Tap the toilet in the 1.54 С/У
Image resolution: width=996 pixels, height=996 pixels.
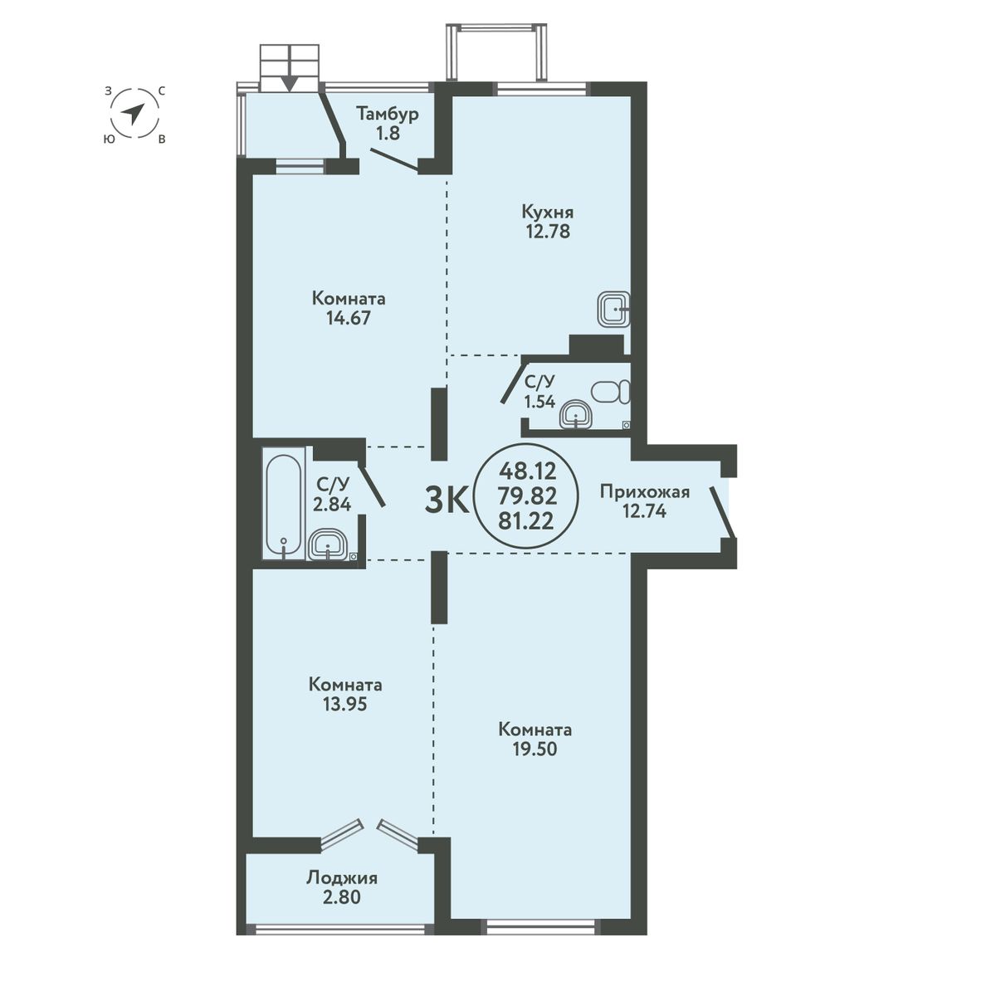tap(611, 393)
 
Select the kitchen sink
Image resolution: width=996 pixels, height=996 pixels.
tap(614, 309)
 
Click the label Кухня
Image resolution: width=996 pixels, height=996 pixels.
tap(547, 212)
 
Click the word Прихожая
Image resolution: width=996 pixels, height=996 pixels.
tap(645, 492)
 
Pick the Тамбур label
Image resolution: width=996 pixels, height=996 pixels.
tap(388, 114)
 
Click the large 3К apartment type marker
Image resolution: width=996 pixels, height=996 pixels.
tap(446, 501)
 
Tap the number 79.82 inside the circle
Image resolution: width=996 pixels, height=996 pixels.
tap(527, 496)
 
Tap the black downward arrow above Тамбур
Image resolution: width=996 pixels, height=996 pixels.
tap(290, 83)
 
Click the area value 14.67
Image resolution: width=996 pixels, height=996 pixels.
tap(349, 318)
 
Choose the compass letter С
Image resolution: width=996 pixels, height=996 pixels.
tap(162, 91)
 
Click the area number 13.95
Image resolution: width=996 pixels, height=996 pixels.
tap(344, 705)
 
